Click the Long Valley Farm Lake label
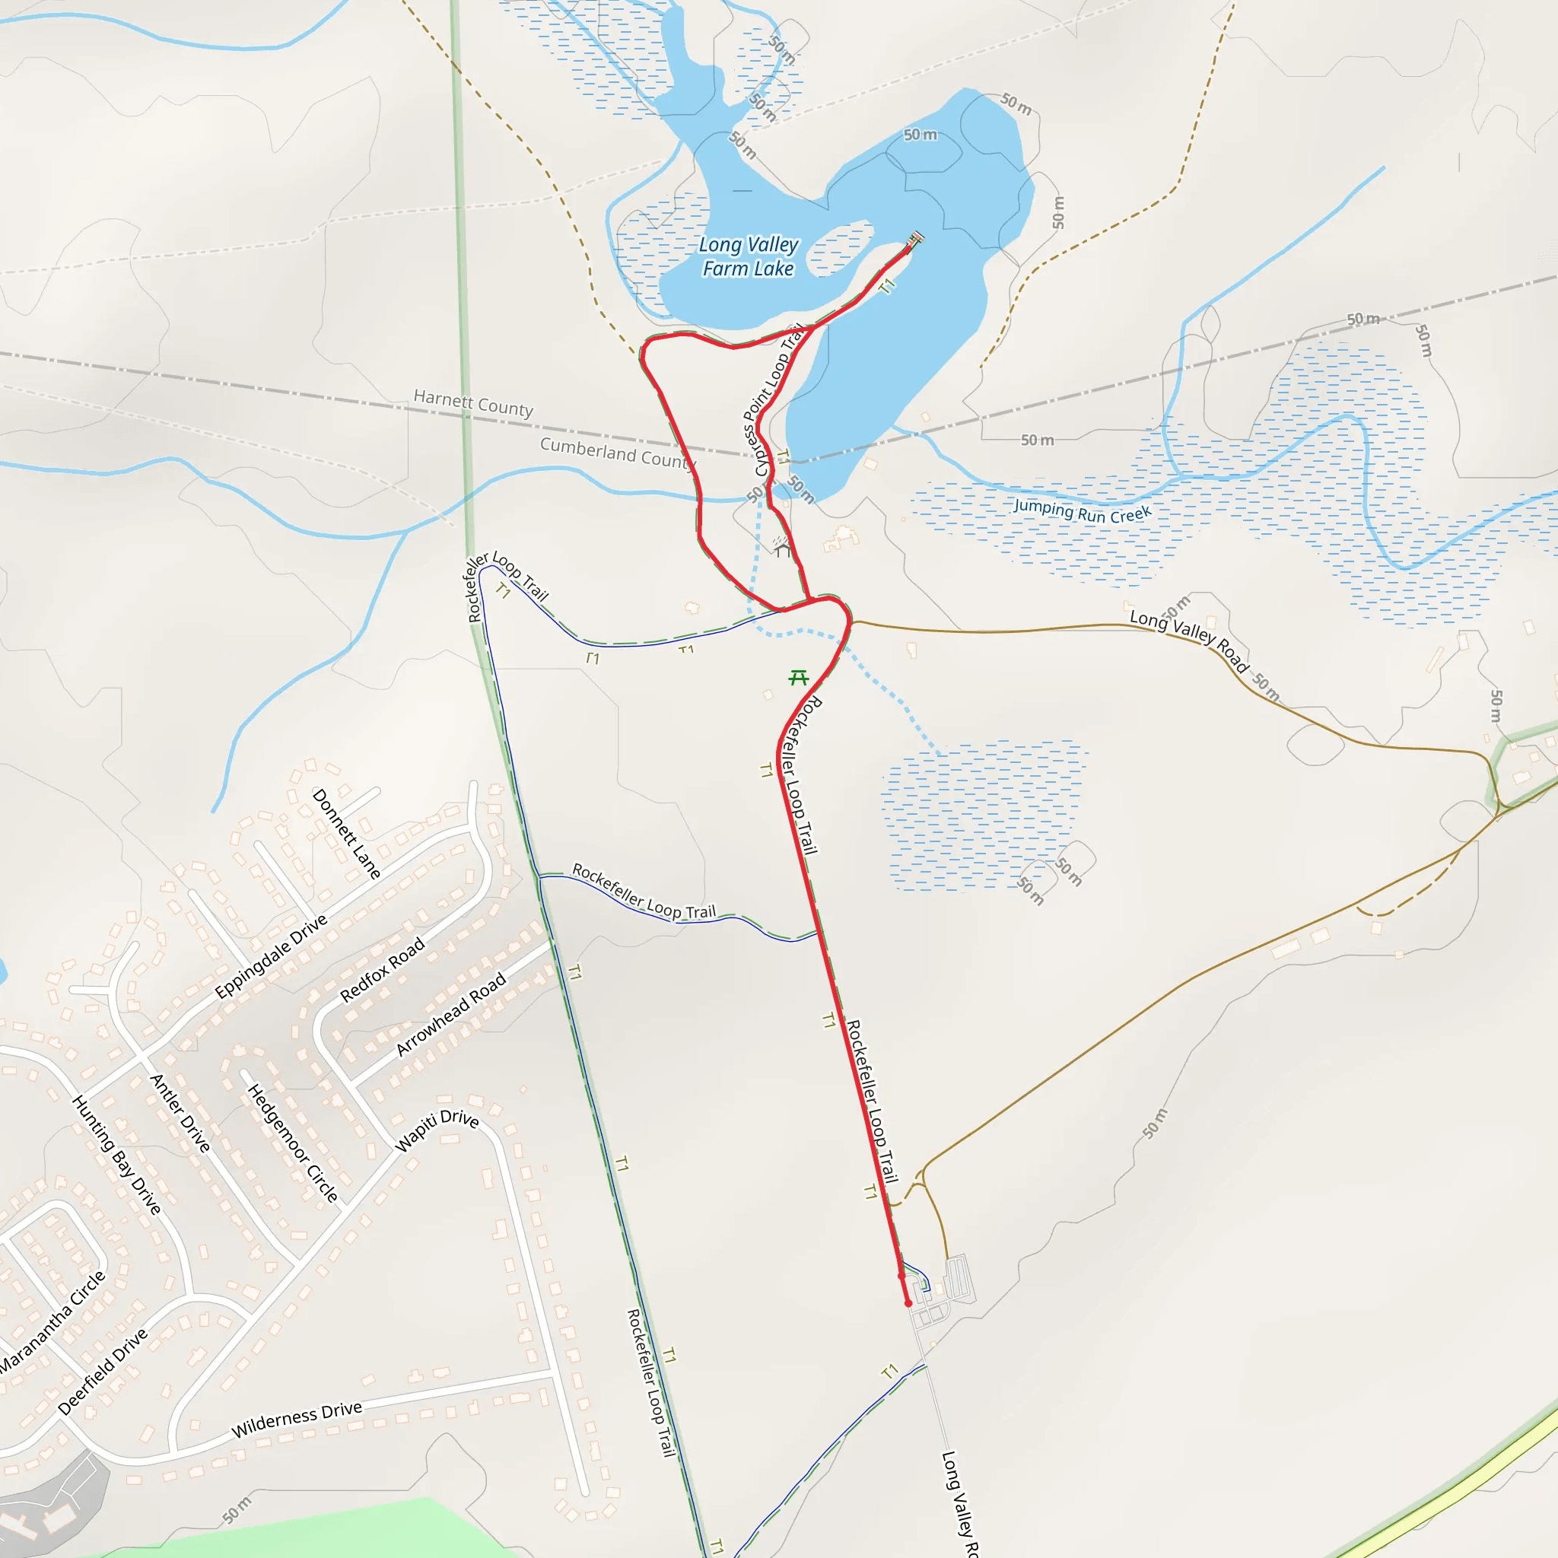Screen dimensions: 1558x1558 coord(749,256)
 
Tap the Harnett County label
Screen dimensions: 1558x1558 coord(473,402)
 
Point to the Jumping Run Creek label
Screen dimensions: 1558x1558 coord(1083,510)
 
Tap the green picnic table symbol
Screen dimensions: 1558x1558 coord(798,677)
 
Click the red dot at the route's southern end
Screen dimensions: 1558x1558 coord(908,1303)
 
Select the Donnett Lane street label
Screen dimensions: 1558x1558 coord(346,834)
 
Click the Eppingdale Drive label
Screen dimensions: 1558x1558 coord(271,956)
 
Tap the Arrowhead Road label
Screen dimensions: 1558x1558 coord(451,1013)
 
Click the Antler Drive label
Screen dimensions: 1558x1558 coord(180,1113)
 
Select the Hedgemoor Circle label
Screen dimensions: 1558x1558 coord(292,1143)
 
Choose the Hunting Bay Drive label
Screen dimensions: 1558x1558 coord(117,1154)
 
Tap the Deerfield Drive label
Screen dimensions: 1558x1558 coord(103,1371)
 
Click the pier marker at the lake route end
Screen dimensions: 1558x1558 coord(915,240)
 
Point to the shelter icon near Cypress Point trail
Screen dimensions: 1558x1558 coord(781,548)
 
